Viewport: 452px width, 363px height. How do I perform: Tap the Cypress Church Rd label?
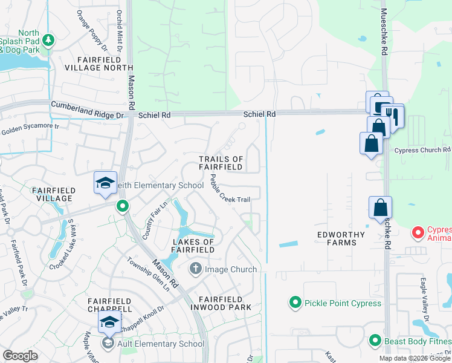[422, 150]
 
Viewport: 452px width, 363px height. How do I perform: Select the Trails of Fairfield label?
[221, 163]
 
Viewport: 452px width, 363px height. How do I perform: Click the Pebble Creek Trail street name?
[230, 189]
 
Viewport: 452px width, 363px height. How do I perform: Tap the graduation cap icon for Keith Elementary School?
[105, 183]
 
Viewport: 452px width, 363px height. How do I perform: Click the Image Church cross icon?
[195, 268]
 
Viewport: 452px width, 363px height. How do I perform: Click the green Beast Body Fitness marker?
[375, 341]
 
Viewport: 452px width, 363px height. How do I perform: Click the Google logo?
[21, 356]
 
